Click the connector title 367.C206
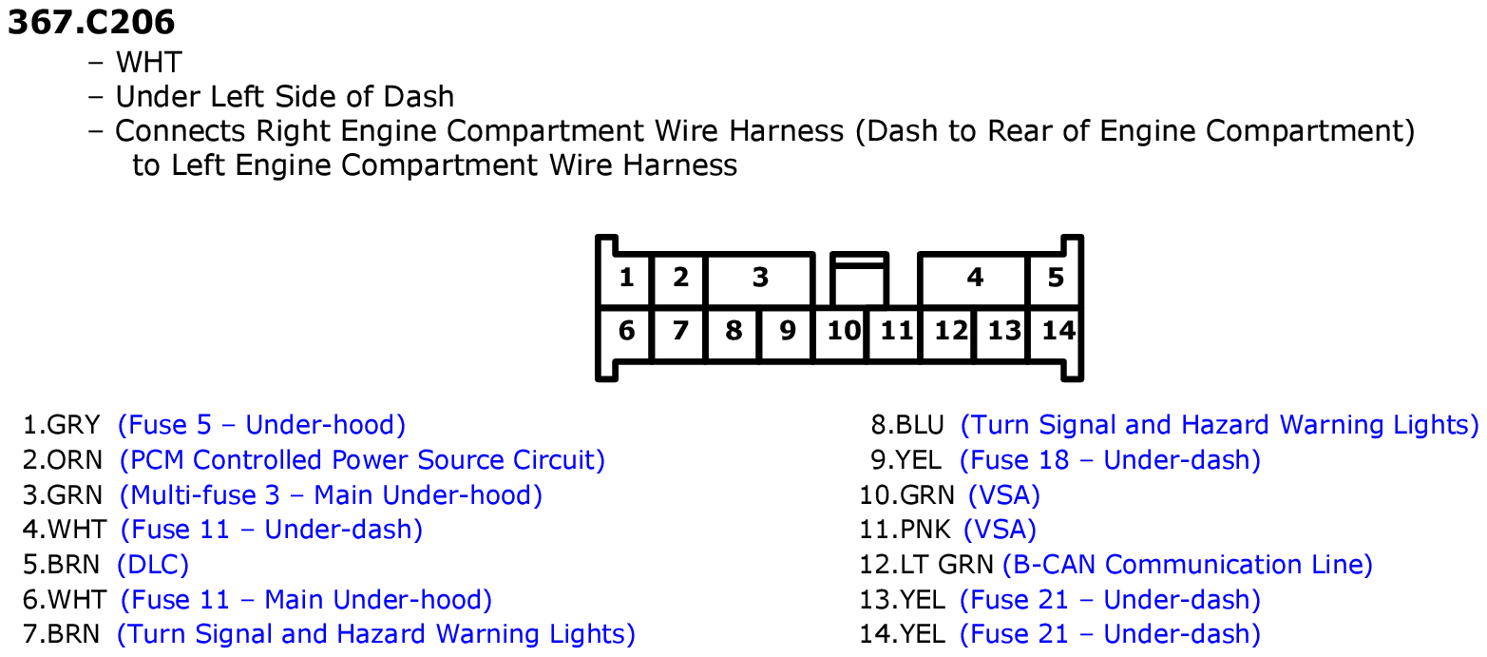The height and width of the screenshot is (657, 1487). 91,23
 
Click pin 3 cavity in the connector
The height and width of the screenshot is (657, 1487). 760,279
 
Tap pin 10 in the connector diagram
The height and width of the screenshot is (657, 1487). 843,332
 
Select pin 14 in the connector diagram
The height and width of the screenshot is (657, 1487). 1057,332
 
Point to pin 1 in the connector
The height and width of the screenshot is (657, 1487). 626,279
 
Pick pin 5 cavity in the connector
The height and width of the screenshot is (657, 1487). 1055,279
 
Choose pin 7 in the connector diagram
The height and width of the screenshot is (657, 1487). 680,332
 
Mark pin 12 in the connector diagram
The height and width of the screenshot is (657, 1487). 949,332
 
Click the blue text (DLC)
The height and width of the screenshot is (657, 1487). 153,565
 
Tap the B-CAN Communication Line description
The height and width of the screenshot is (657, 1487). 1187,565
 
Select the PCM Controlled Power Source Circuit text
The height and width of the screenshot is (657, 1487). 362,460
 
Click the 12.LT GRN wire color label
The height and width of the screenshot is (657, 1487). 926,565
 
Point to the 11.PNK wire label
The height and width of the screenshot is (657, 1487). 905,530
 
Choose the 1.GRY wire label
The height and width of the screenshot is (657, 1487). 61,425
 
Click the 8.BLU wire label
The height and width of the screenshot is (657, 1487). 906,425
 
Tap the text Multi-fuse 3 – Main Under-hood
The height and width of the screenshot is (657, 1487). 331,495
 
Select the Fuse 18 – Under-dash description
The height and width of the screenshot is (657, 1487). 1110,460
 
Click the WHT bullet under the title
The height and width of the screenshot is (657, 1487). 148,63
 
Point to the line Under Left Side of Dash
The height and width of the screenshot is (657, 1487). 285,97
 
